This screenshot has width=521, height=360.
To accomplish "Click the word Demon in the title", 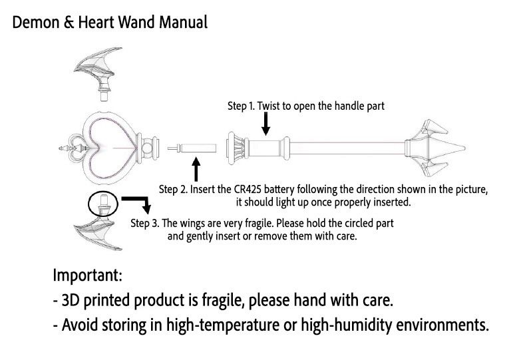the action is click(x=36, y=22).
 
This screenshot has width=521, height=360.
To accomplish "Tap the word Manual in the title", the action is click(x=183, y=22).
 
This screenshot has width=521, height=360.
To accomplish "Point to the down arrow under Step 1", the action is click(x=265, y=124).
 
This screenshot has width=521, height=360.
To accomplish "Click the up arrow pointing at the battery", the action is click(x=196, y=169).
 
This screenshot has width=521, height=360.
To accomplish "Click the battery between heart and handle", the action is click(x=192, y=148).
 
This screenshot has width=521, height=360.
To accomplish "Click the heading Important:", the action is click(x=87, y=275).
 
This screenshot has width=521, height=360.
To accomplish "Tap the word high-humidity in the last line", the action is click(x=346, y=325).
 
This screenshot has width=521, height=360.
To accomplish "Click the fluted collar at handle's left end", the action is click(x=237, y=148).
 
